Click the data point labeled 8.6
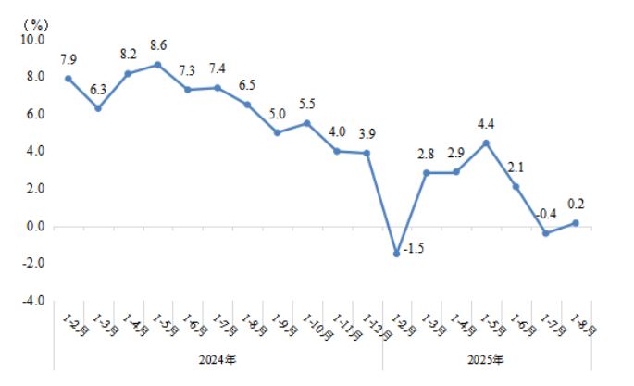tap(158, 65)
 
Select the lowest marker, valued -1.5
tap(397, 254)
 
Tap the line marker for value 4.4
tap(486, 143)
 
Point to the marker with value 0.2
tap(575, 222)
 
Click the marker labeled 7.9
tap(68, 79)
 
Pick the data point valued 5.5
tap(307, 123)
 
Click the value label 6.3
tap(98, 89)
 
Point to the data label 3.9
tap(367, 133)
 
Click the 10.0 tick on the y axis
tap(32, 40)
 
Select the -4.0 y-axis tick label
tap(32, 301)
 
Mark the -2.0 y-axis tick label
tap(32, 264)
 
